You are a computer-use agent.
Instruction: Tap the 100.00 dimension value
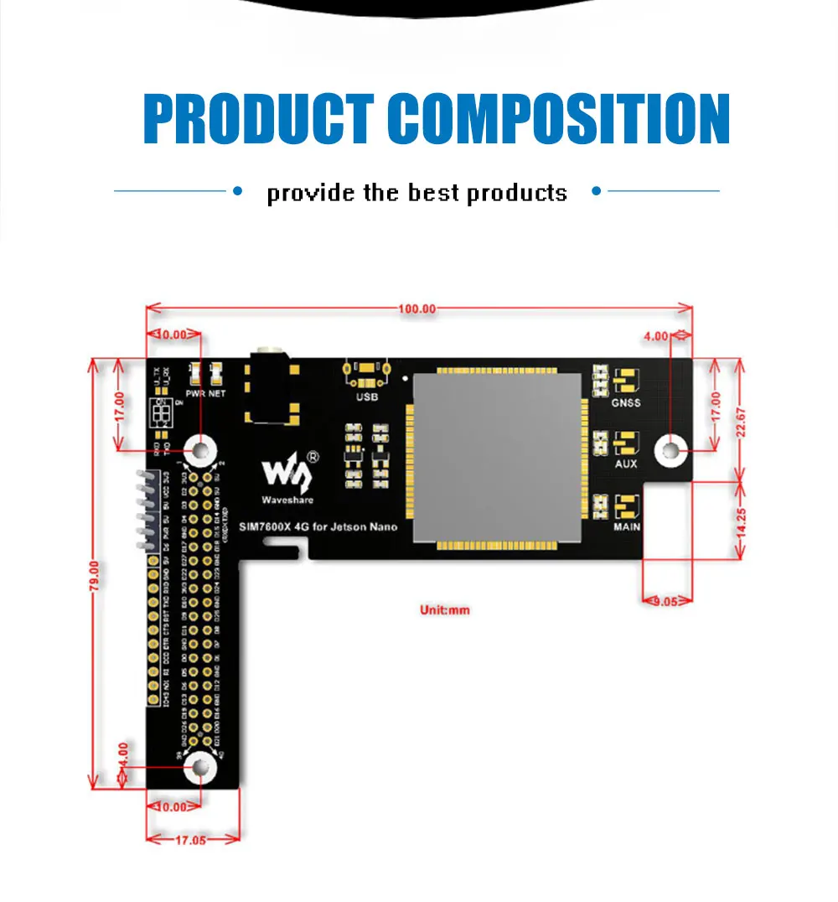pos(417,308)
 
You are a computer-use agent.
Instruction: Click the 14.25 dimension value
pos(741,521)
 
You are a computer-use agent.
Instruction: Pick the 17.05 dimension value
pos(193,839)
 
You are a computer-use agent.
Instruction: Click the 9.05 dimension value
pos(668,600)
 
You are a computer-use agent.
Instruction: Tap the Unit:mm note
pos(445,610)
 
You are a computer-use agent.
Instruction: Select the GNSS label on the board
pos(626,403)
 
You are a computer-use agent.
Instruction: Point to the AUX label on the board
pos(626,464)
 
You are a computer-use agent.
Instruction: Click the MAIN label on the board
pos(626,526)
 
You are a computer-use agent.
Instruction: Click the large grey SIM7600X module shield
pos(498,459)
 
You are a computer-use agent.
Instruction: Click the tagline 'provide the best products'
pos(416,193)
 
